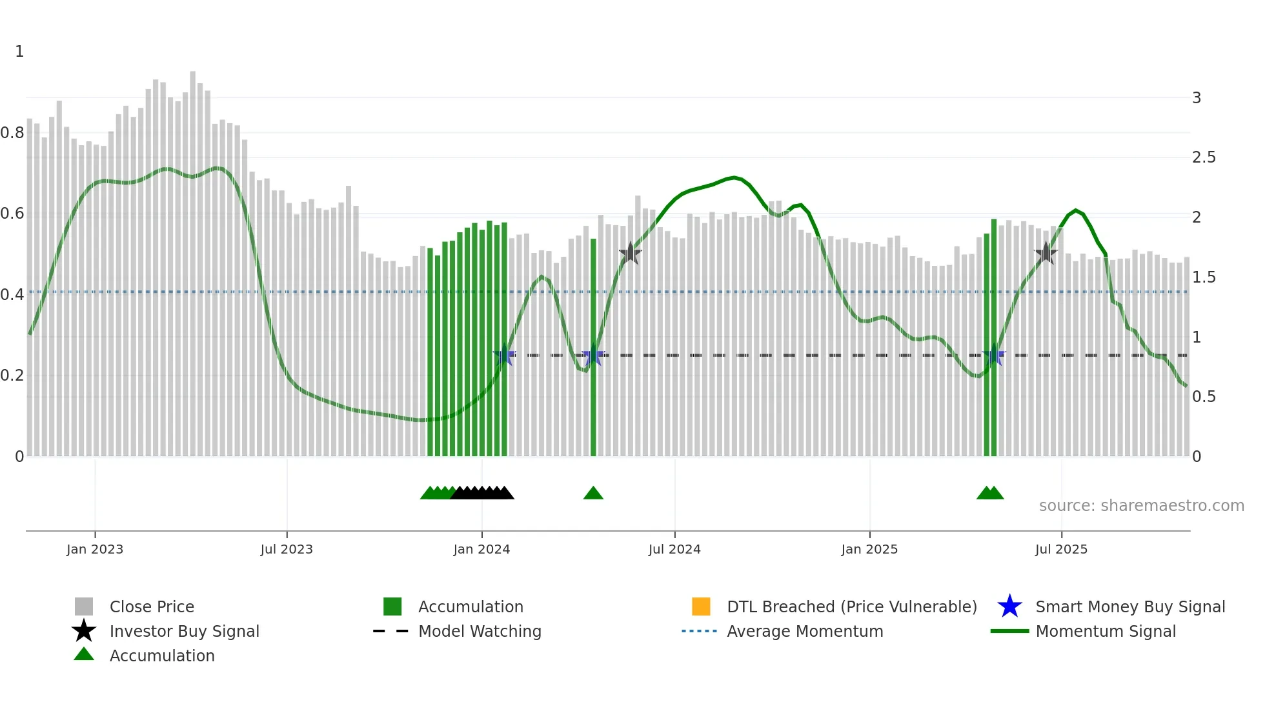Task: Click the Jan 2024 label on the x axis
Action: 481,549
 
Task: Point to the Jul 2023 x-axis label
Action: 287,549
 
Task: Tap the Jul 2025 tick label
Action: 1061,549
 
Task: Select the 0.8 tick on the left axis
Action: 12,133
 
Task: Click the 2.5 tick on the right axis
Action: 1204,157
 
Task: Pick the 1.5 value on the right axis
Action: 1204,277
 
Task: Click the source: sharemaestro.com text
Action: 1141,506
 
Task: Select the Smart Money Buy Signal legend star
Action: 1009,606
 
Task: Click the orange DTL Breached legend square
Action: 701,606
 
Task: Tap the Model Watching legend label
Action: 480,631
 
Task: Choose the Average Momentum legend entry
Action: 805,631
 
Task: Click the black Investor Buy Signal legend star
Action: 84,631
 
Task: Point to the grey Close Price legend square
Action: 84,606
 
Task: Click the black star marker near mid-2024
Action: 630,254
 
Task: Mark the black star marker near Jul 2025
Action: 1046,254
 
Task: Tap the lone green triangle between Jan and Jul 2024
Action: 593,494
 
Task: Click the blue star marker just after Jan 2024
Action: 504,355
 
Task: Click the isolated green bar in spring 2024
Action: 593,348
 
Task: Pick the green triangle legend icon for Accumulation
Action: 84,654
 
